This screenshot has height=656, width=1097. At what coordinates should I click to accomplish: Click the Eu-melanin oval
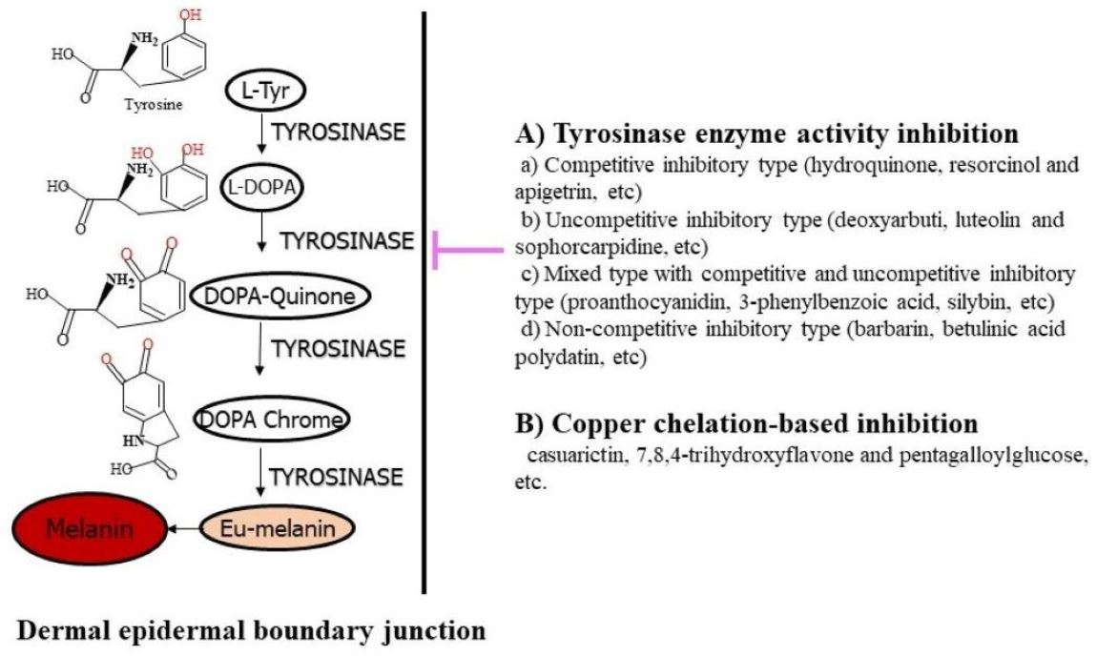click(x=276, y=526)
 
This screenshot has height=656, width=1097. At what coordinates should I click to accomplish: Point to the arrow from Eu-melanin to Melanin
click(x=182, y=526)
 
